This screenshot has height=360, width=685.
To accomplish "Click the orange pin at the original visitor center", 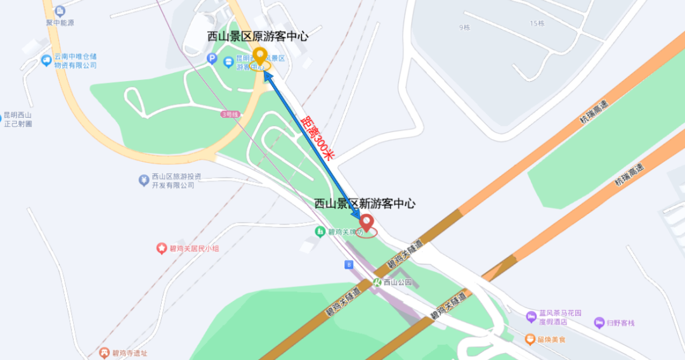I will pyautogui.click(x=259, y=56).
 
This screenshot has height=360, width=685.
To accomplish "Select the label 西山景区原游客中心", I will pyautogui.click(x=258, y=37).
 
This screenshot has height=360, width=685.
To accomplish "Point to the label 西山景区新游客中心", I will pyautogui.click(x=365, y=203).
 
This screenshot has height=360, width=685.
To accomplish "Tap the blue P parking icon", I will pyautogui.click(x=213, y=59).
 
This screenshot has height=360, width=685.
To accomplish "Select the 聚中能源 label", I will pyautogui.click(x=60, y=23).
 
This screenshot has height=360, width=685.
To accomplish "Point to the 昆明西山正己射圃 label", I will pyautogui.click(x=18, y=119).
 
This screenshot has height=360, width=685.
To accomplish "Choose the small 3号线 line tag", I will pyautogui.click(x=230, y=114).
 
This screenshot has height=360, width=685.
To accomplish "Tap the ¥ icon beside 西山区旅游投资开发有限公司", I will pyautogui.click(x=144, y=180).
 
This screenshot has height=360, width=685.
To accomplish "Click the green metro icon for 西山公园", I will pyautogui.click(x=377, y=282).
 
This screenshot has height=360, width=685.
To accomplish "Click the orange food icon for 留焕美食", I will pyautogui.click(x=530, y=340).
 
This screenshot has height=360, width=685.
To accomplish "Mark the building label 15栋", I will pyautogui.click(x=537, y=23).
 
